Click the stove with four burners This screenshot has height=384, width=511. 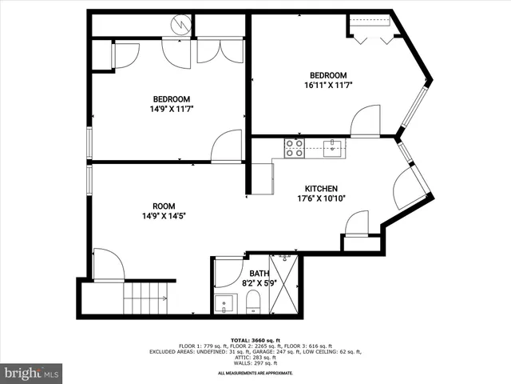click(x=294, y=147)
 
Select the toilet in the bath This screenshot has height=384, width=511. click(x=253, y=302)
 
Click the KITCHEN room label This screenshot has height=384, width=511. click(x=321, y=189)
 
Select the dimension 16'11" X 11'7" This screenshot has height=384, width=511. click(x=327, y=85)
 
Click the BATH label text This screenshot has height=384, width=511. click(x=258, y=274)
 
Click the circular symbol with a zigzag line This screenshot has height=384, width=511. click(x=183, y=25)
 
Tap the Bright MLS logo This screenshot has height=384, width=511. click(x=32, y=373)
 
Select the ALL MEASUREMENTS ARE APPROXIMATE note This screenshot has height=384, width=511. click(x=255, y=373)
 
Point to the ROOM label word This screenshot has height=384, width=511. click(x=164, y=206)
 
